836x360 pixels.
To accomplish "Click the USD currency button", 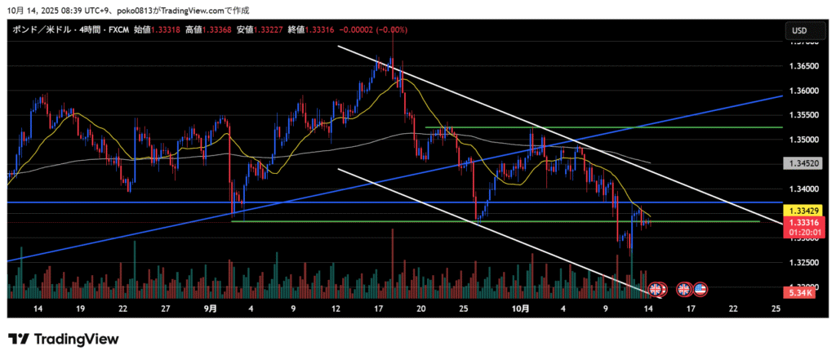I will tap(798, 31).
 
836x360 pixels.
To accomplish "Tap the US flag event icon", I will tap(700, 288).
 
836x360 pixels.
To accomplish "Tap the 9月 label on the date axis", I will tap(211, 309).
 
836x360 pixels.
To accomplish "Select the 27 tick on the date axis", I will tap(166, 309).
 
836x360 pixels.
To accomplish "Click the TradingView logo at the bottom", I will tap(64, 339).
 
